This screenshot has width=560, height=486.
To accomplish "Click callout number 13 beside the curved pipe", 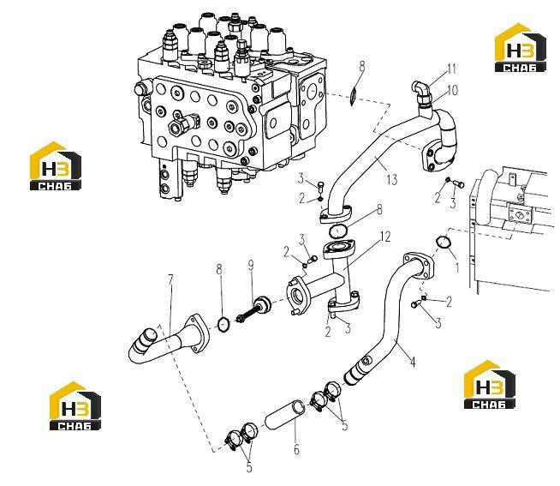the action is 392,179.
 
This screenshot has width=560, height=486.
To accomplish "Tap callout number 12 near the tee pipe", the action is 385,237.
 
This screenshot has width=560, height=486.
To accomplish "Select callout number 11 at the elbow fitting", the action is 452,69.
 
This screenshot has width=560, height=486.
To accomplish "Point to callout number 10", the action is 452,90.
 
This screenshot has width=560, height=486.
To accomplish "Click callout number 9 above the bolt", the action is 251,266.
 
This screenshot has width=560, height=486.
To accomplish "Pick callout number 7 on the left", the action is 170,280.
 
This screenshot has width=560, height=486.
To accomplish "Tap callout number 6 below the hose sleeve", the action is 296,449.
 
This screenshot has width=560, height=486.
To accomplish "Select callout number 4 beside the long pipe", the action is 413,362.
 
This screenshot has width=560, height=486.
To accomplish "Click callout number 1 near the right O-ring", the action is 456,267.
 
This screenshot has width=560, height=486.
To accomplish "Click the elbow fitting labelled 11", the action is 422,93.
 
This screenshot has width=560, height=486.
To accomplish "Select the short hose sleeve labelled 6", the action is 285,415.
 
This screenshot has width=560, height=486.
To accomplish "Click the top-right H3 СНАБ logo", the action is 520,47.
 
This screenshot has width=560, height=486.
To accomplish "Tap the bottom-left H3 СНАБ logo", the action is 75,405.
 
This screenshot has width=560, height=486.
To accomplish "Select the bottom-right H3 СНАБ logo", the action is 489,385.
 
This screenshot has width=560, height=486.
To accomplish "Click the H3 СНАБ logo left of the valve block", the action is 56,165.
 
